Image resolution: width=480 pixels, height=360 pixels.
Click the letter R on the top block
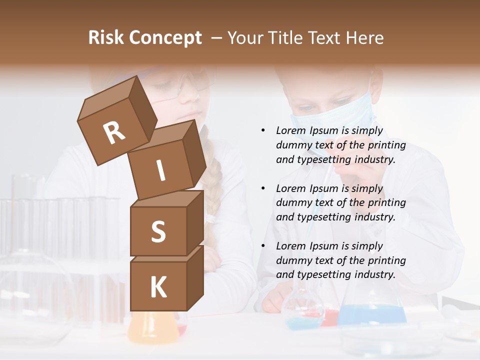(114, 132)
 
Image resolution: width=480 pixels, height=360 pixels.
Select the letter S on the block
(158, 231)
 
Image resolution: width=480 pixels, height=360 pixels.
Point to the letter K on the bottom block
(158, 287)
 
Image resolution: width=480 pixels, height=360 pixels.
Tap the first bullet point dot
(263, 131)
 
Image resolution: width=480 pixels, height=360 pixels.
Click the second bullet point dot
(263, 188)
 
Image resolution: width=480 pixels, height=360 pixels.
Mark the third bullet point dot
(263, 246)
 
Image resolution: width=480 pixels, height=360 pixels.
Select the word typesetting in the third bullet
(320, 274)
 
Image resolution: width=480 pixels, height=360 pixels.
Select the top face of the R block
(107, 95)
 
